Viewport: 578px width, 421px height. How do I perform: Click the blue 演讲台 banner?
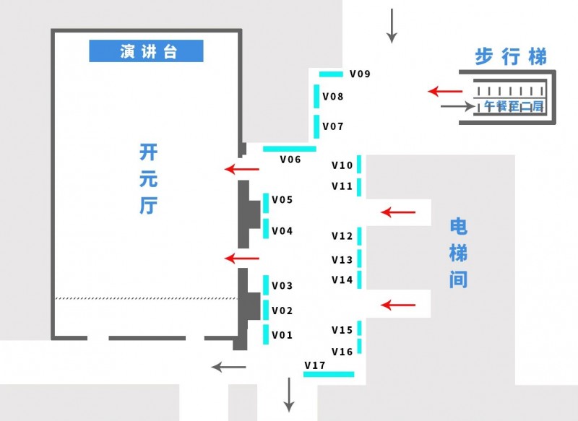[146, 51]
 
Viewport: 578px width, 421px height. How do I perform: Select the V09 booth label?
[360, 74]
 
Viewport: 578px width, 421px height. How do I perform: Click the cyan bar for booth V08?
[316, 95]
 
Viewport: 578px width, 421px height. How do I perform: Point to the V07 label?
[333, 126]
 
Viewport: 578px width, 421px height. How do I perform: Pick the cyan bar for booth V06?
[289, 149]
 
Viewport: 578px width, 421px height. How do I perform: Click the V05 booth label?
[282, 200]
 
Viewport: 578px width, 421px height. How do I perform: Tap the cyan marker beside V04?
[266, 229]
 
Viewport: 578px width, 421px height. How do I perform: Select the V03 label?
[282, 286]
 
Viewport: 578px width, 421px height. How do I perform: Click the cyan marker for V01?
[266, 334]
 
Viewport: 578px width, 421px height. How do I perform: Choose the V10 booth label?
[342, 165]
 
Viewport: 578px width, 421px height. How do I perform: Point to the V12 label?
[342, 236]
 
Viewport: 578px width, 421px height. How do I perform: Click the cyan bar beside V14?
[359, 279]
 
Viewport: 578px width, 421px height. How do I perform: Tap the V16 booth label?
[342, 352]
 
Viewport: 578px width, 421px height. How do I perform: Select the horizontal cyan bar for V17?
[329, 374]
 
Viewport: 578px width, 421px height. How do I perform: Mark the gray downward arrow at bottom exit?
[289, 395]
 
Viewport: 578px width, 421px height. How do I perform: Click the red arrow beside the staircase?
[445, 91]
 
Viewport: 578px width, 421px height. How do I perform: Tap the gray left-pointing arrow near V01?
[228, 367]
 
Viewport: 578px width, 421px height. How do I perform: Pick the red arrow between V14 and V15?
[399, 305]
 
